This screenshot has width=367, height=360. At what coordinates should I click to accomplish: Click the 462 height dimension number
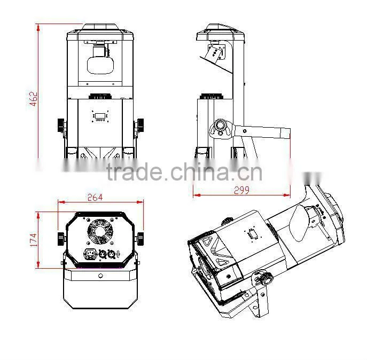tap(34, 99)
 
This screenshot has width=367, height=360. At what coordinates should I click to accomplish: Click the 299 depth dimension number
tap(241, 190)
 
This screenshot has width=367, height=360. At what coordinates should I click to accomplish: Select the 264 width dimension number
tap(95, 197)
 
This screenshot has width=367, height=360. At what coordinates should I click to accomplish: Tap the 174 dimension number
tap(34, 239)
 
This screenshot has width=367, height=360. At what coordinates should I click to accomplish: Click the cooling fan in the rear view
tap(100, 232)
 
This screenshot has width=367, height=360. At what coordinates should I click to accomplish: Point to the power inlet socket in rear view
tap(91, 254)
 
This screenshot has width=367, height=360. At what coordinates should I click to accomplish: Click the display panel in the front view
tap(100, 116)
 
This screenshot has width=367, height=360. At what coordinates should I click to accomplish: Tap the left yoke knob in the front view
tap(61, 126)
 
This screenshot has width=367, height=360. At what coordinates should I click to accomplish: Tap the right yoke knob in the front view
tap(140, 126)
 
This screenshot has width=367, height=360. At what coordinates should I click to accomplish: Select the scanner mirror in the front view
tap(100, 65)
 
